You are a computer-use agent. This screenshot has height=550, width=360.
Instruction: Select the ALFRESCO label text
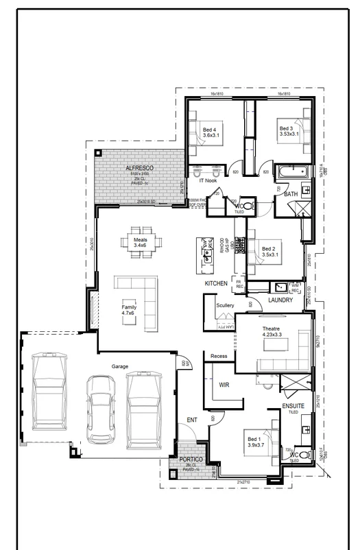pos(139,168)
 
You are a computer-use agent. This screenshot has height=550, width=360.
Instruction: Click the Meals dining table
pos(140,243)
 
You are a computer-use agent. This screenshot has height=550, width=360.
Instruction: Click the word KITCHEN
pos(216,283)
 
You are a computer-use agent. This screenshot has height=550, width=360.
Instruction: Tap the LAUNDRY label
pos(281,300)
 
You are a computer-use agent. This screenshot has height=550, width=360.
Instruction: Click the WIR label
pos(224,386)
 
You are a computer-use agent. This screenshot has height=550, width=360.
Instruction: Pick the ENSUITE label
pos(293,406)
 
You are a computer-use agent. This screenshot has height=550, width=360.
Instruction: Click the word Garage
pos(120,367)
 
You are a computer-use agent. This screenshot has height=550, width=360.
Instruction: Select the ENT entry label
pos(192,420)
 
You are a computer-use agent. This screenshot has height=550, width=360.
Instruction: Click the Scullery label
pos(225,305)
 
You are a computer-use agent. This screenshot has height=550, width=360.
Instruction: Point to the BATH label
pos(291,195)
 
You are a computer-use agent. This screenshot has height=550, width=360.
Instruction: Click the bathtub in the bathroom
pos(293,172)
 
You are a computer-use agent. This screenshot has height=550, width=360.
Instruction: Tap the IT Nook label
pos(208,180)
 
